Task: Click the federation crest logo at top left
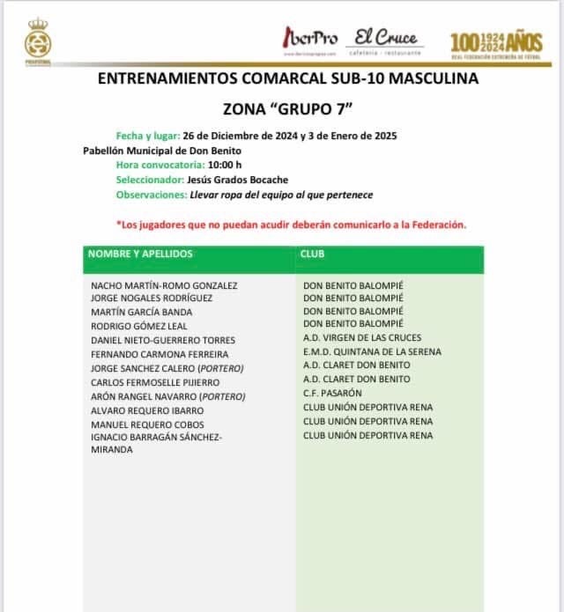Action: [x=38, y=43]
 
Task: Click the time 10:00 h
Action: [x=225, y=165]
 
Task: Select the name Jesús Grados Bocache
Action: [x=238, y=180]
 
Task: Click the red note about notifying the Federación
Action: [x=291, y=225]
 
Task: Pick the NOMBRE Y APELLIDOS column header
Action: [x=140, y=254]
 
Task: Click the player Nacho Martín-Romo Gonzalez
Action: [x=164, y=285]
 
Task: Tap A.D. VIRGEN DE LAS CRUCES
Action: [x=362, y=337]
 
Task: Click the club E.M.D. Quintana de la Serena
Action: [x=372, y=351]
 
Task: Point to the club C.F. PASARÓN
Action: [x=332, y=393]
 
